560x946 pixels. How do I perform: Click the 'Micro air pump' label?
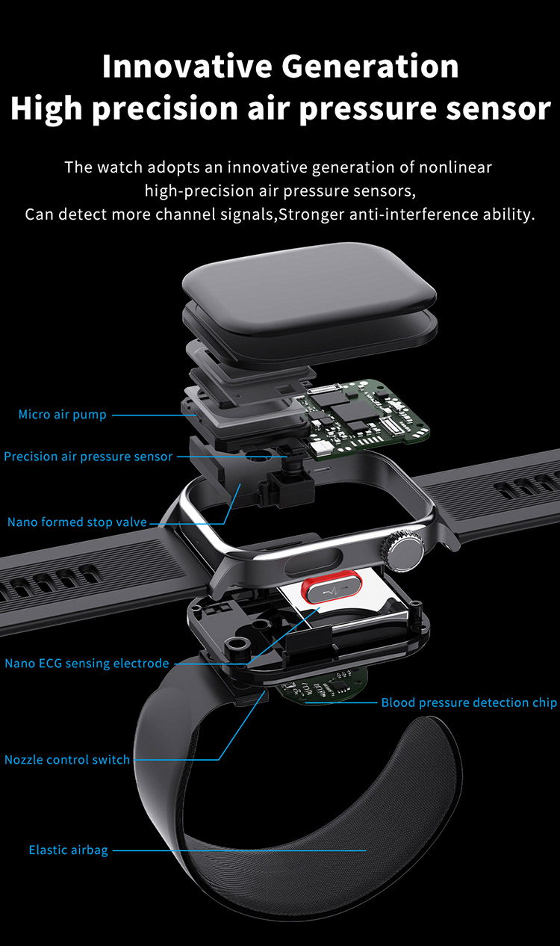click(x=63, y=415)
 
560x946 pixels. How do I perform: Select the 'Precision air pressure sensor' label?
click(x=88, y=457)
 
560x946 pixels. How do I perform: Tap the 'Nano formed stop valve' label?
click(x=77, y=522)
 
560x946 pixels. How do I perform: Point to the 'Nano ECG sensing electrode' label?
click(x=87, y=663)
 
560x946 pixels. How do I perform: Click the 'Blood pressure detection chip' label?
click(x=469, y=702)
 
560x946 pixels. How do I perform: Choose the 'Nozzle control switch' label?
click(x=67, y=759)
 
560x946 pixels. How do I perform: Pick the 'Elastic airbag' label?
click(x=69, y=850)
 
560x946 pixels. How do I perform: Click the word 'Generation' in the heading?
click(x=370, y=66)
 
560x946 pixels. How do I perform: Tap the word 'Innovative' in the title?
click(x=187, y=66)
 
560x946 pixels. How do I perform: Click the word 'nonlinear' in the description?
click(x=455, y=167)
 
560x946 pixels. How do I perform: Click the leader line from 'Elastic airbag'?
click(x=239, y=850)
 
